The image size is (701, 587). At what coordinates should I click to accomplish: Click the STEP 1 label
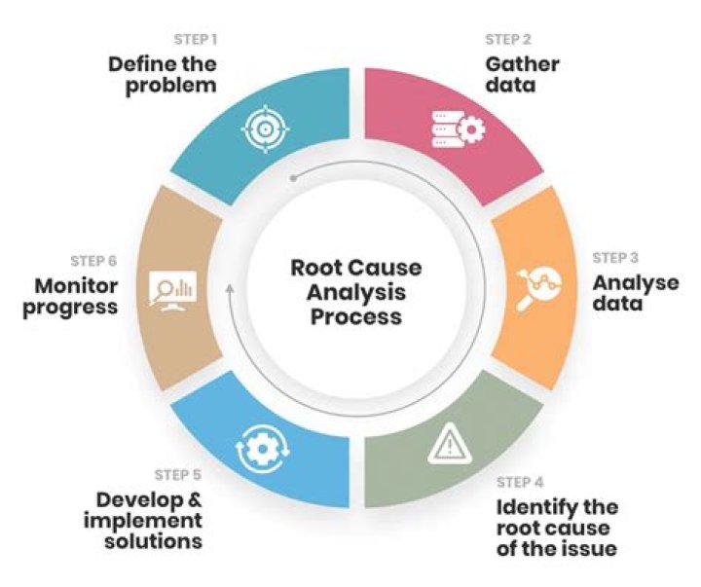(x=195, y=41)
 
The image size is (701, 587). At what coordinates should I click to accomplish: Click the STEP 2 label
(x=507, y=41)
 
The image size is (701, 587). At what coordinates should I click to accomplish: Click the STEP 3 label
(x=615, y=258)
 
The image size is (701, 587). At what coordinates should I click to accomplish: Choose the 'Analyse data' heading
(x=636, y=293)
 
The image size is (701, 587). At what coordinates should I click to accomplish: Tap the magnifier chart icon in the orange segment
(x=537, y=283)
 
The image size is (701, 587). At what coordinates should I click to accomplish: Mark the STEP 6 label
(x=93, y=261)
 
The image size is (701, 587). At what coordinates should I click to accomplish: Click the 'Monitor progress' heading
(x=76, y=296)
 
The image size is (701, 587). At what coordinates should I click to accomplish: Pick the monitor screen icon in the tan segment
(x=172, y=290)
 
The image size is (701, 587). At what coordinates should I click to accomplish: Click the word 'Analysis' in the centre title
(x=350, y=292)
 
